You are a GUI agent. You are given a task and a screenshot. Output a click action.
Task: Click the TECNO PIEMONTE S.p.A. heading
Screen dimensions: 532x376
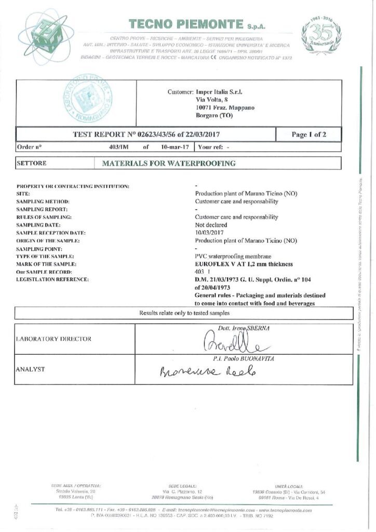(x=186, y=24)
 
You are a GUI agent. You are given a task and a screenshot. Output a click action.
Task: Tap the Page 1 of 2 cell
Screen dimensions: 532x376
(x=308, y=135)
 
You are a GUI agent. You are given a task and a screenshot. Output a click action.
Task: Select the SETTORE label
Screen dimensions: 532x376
(x=32, y=163)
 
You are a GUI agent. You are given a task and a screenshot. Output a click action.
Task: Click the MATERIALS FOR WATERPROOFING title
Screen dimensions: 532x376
(x=169, y=163)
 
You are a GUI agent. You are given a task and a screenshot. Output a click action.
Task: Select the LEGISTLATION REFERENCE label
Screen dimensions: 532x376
(x=53, y=280)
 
